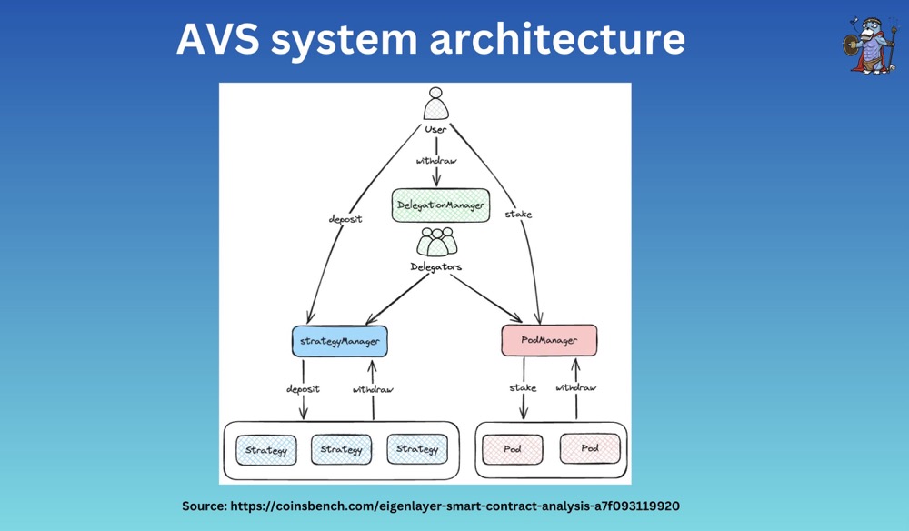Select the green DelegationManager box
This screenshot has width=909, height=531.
(x=440, y=205)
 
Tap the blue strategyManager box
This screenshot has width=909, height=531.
(x=339, y=341)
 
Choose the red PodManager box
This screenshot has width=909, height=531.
(x=550, y=341)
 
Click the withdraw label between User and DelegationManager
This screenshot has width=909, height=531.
(x=437, y=160)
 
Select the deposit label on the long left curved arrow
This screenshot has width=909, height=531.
(x=345, y=219)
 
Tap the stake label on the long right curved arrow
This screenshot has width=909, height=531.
(x=518, y=215)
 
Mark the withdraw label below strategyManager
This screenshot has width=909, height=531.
(x=373, y=389)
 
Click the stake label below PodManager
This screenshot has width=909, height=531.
(x=523, y=388)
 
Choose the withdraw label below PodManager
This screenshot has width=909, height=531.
(x=576, y=388)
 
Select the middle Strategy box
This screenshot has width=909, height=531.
(x=342, y=449)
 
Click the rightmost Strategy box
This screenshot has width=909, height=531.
(x=417, y=449)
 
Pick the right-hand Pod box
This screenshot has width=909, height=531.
(x=590, y=449)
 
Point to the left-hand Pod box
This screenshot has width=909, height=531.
(x=513, y=449)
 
